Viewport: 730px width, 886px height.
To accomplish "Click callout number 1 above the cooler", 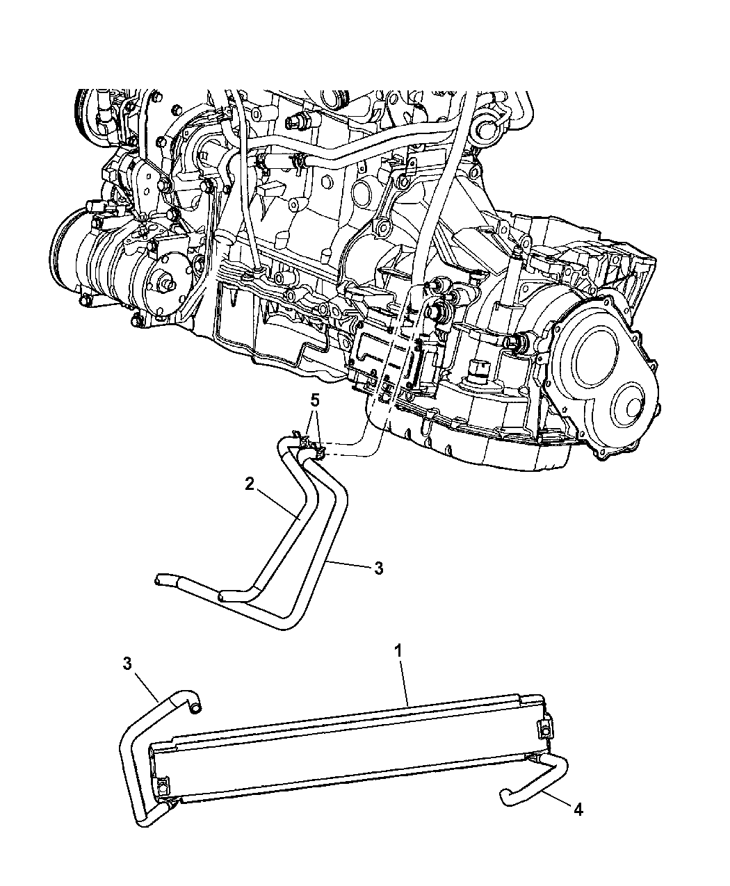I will (398, 653).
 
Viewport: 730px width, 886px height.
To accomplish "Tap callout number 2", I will (250, 484).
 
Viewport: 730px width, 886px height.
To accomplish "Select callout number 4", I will (578, 810).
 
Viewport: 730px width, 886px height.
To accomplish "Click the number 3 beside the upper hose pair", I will (378, 568).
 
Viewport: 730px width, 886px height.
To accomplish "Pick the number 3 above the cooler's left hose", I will (127, 664).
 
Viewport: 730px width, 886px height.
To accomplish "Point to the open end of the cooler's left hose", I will (196, 707).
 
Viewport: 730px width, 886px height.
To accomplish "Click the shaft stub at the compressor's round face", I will (168, 283).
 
